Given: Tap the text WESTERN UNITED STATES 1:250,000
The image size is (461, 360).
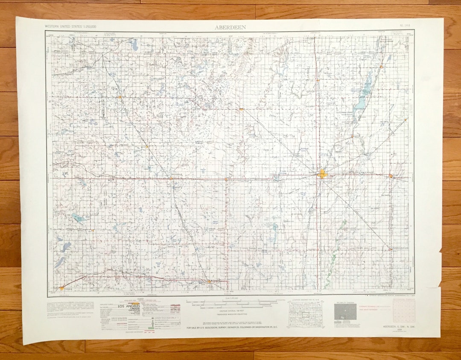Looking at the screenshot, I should [71, 26].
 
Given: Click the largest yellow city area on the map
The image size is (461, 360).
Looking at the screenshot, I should [323, 174].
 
